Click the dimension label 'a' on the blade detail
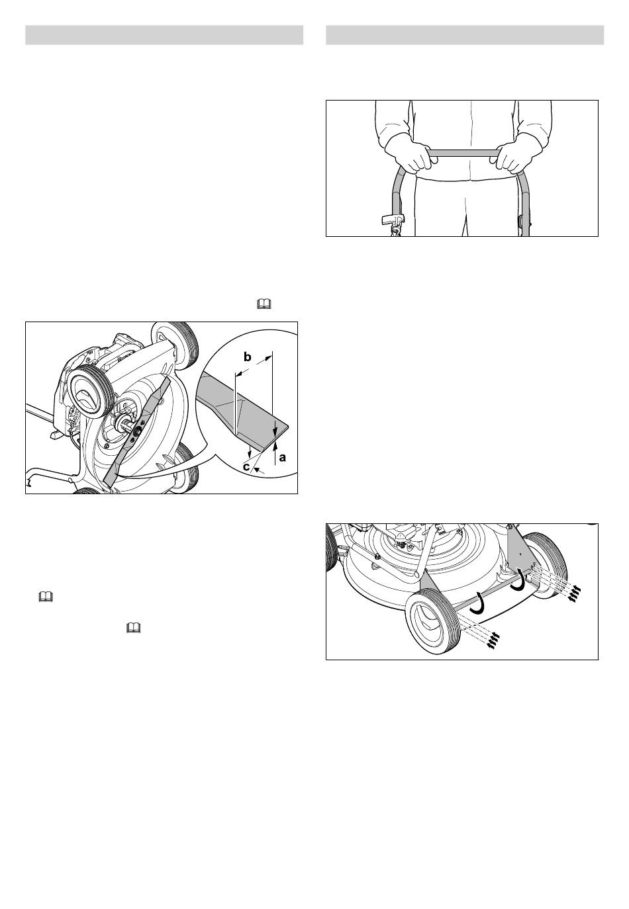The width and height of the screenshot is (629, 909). click(x=282, y=457)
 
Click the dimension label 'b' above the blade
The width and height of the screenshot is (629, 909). click(x=247, y=357)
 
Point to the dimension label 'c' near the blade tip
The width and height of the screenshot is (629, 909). click(x=246, y=467)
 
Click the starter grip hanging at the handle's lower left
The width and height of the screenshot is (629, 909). click(x=391, y=220)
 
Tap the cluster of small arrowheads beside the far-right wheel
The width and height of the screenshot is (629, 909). click(x=574, y=594)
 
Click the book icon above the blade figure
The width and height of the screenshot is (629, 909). click(x=264, y=304)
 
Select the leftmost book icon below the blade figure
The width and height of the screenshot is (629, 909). click(x=46, y=597)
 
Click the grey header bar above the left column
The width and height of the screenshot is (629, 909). click(x=164, y=35)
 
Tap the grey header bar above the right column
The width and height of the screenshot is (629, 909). click(x=465, y=35)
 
